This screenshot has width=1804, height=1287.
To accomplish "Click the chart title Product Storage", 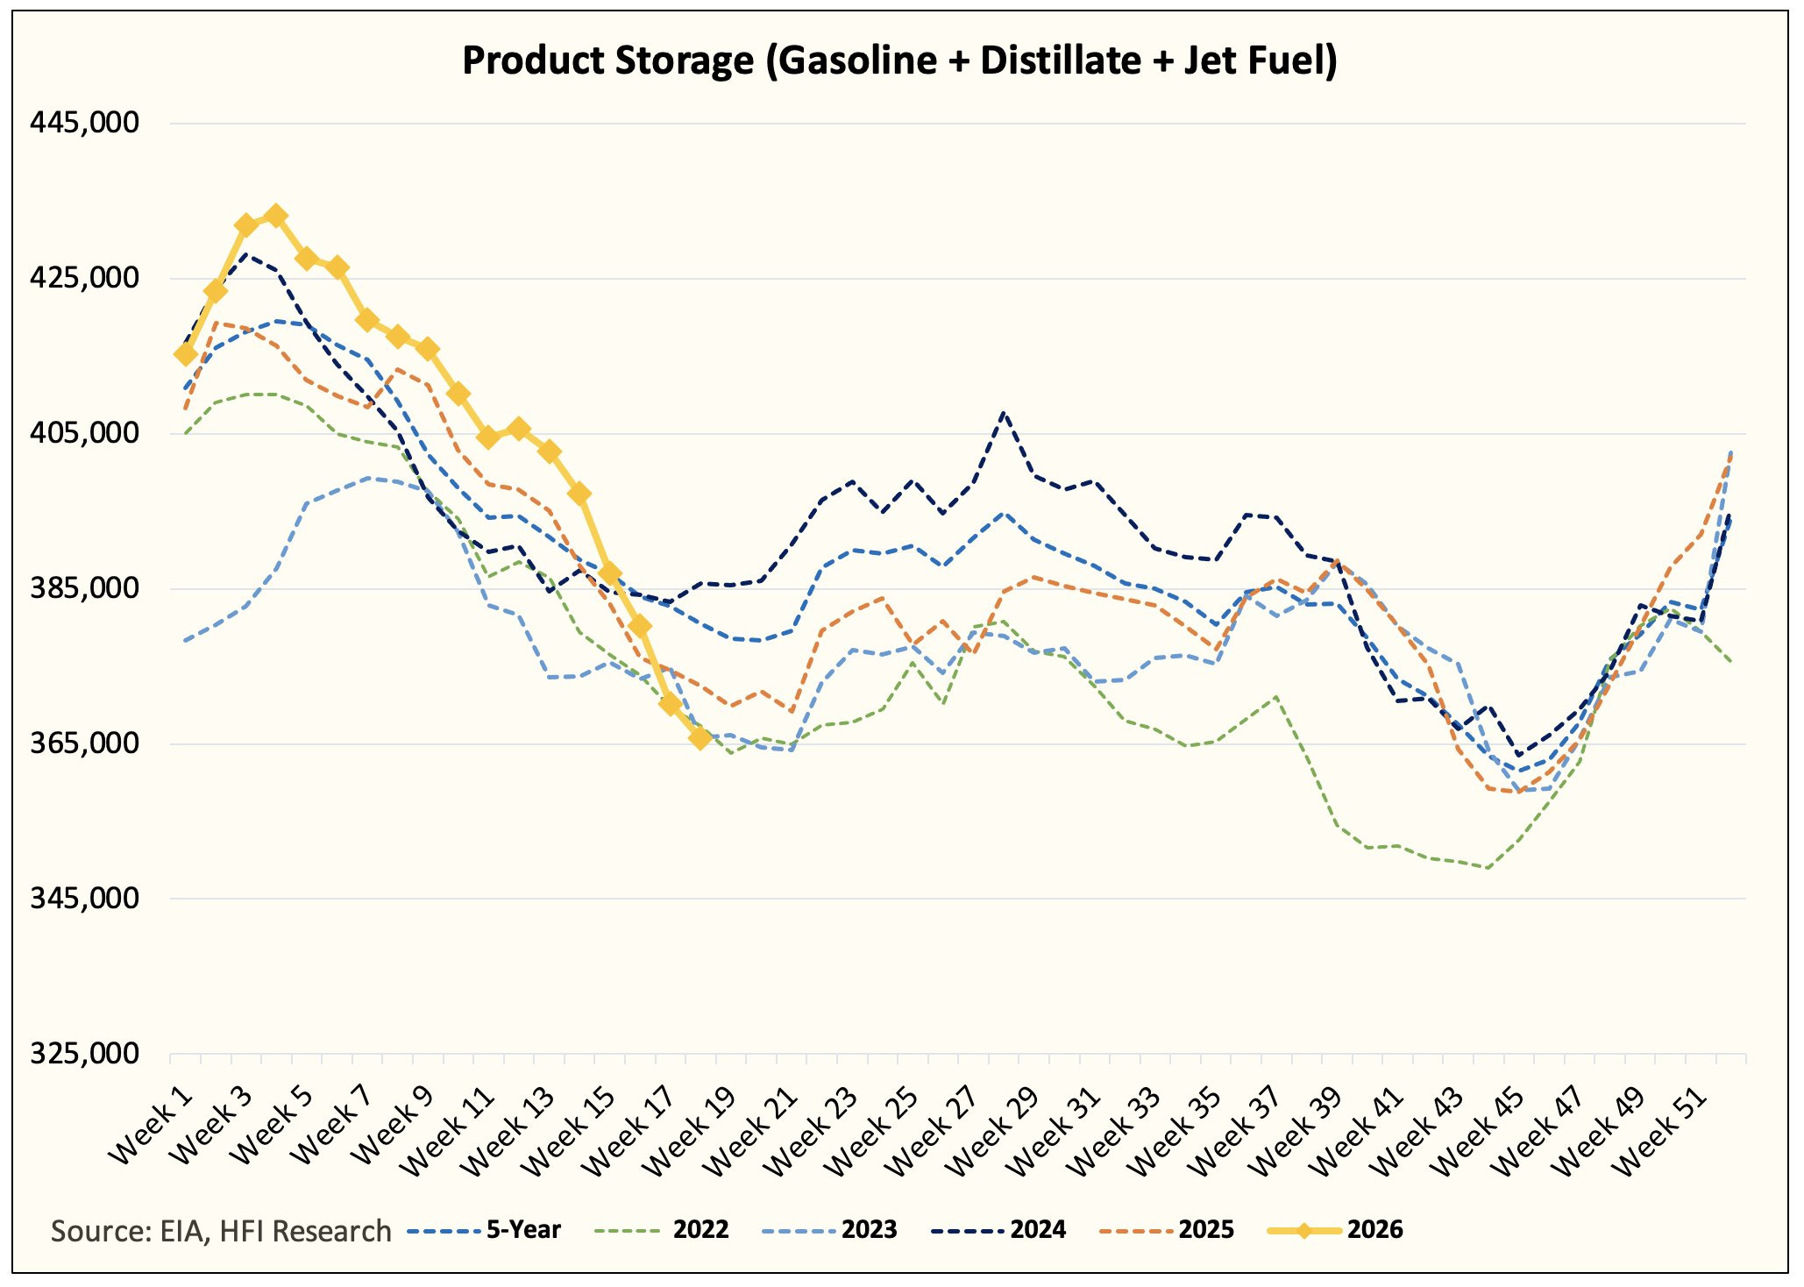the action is click(x=607, y=61).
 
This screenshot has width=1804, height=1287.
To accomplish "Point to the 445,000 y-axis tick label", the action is click(x=84, y=123).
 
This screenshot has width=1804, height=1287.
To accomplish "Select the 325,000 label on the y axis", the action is click(x=84, y=1053).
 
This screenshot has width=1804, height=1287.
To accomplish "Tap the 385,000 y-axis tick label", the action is click(x=84, y=587).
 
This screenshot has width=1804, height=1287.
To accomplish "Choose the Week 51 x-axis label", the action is click(x=1662, y=1130).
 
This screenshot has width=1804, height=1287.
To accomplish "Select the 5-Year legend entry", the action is click(x=484, y=1230).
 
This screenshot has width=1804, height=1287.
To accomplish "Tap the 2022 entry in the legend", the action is click(x=662, y=1230).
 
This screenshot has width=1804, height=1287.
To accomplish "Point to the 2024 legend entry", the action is click(x=998, y=1230).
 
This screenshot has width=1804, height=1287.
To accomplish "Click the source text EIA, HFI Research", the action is click(x=275, y=1231).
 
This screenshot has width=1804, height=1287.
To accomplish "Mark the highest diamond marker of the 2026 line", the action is click(x=276, y=216).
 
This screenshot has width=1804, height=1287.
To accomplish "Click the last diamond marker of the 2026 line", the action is click(x=700, y=738).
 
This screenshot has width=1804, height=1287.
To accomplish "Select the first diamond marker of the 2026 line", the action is click(x=185, y=354).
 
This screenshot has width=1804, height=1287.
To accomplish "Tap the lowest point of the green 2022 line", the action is click(x=1488, y=868).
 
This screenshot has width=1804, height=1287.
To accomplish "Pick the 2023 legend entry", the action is click(x=830, y=1230).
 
